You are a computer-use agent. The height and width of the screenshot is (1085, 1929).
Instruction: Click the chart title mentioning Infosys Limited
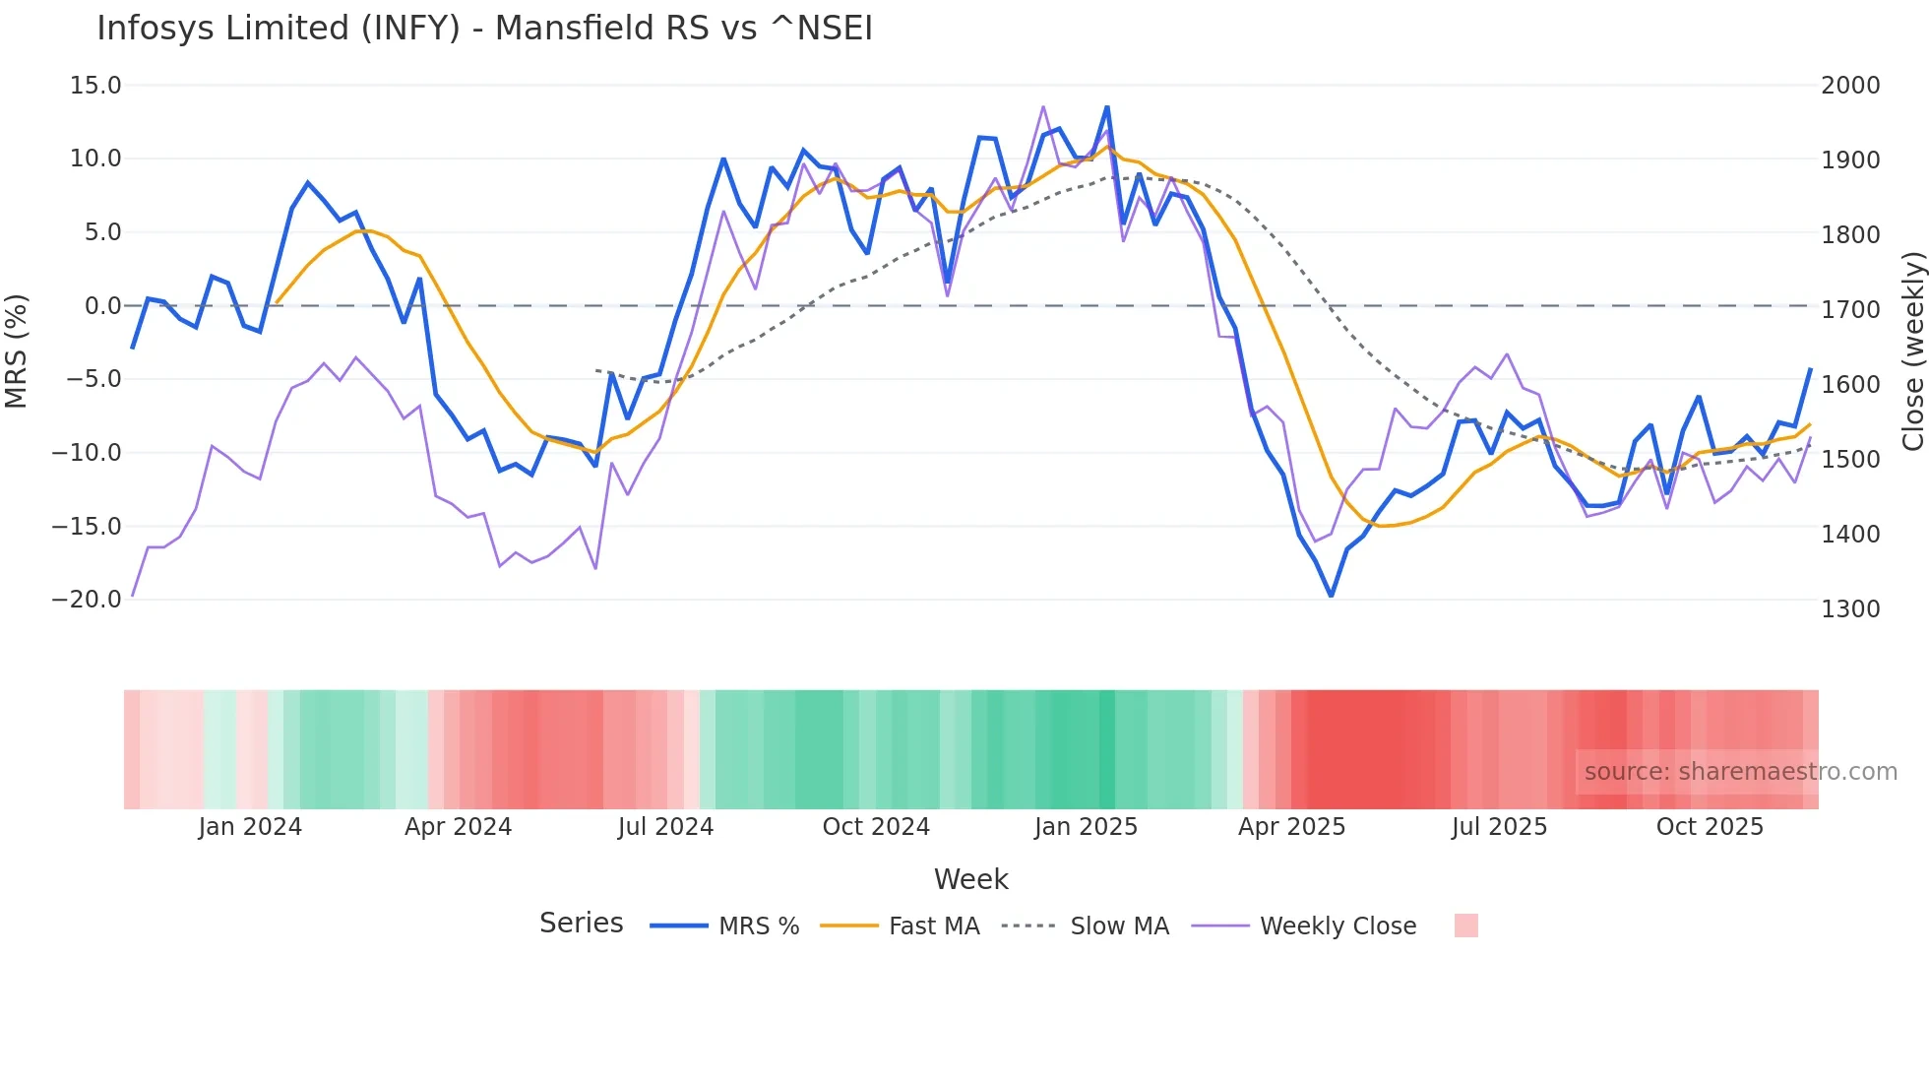pos(484,28)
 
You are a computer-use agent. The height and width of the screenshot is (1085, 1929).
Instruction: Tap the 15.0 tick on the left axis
pos(95,86)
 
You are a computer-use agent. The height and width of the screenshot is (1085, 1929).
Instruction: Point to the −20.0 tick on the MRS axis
pos(87,599)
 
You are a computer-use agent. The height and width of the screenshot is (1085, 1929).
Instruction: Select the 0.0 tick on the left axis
pos(102,306)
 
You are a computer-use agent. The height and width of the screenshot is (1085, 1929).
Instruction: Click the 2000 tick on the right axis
pos(1850,86)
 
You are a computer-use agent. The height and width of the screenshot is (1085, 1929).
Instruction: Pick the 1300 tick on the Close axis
pos(1850,608)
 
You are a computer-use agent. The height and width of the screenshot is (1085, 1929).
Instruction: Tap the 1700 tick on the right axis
pos(1850,309)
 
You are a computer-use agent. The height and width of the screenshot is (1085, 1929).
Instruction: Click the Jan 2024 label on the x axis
pos(250,827)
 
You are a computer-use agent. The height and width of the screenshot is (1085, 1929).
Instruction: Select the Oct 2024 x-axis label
pos(876,827)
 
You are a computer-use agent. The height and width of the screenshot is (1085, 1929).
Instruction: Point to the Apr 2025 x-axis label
pos(1291,827)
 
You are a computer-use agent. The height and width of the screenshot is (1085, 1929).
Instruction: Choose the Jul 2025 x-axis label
pos(1499,827)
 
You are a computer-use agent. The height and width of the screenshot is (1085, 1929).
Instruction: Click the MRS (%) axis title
pos(17,351)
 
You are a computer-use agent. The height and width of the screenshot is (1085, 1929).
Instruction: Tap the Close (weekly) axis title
pos(1912,351)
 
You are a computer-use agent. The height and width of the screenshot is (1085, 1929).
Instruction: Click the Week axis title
pos(970,879)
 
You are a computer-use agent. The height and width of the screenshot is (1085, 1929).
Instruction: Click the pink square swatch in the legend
pos(1465,925)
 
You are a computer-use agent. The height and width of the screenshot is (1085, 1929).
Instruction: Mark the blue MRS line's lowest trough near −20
pos(1331,595)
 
